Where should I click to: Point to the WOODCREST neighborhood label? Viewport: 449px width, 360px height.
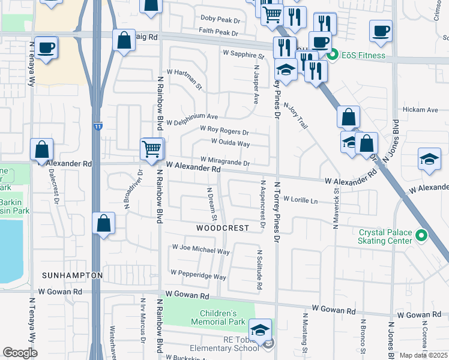pos(222,229)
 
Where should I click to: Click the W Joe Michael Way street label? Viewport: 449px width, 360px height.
pos(200,248)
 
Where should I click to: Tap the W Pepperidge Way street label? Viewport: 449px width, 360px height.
pos(198,274)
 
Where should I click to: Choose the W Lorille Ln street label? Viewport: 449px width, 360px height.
pos(300,199)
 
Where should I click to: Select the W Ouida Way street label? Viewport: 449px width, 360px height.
pos(230,143)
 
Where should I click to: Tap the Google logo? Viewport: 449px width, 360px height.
pos(20,353)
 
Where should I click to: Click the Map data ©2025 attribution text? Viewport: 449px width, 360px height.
pos(423,355)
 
